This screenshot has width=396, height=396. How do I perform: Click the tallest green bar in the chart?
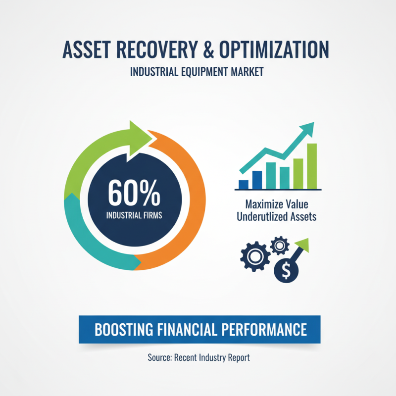click(x=312, y=166)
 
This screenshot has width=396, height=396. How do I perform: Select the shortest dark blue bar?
click(x=243, y=185)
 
